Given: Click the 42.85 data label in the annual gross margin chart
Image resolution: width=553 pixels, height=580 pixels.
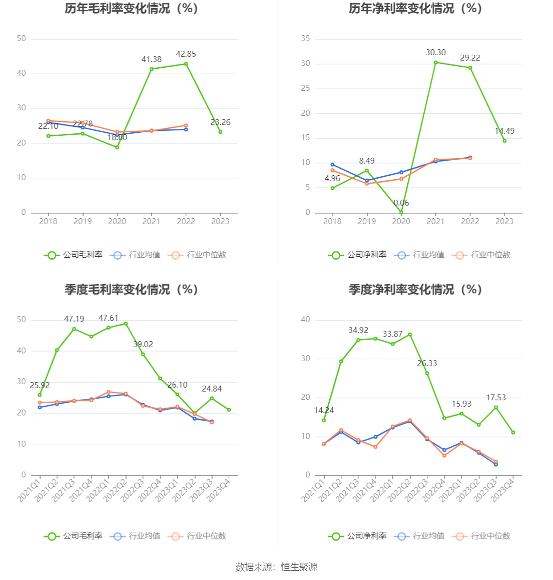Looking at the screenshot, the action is (x=186, y=54).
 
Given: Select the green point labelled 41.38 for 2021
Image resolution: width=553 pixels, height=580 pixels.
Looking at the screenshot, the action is (x=152, y=69).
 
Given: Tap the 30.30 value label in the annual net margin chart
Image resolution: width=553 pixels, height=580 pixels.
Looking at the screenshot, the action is (x=435, y=53).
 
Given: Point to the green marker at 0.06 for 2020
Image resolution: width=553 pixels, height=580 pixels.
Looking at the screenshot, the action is (x=401, y=212).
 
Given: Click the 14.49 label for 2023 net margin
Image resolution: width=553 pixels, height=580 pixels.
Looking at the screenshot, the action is (x=504, y=131).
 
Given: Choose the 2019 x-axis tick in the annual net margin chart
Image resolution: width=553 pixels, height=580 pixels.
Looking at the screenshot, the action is (x=367, y=221).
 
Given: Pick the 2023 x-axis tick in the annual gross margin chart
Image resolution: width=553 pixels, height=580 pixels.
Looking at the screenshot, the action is (x=220, y=221).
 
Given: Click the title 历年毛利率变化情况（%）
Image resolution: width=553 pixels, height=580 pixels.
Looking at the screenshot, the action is (x=132, y=8).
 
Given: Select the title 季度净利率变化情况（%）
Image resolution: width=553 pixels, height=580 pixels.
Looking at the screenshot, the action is (x=415, y=289).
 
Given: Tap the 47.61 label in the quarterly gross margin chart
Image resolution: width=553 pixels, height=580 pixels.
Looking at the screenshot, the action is (x=108, y=318).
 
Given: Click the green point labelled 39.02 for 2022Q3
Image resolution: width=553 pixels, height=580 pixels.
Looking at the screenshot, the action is (x=143, y=354).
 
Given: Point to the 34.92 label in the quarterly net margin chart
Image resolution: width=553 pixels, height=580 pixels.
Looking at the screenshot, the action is (x=358, y=330).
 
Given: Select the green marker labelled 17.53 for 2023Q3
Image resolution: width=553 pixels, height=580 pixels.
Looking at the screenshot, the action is (x=496, y=407).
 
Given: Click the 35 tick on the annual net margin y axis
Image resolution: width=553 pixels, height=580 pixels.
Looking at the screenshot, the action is (x=305, y=39).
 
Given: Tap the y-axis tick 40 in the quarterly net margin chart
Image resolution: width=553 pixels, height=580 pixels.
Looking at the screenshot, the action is (x=305, y=320).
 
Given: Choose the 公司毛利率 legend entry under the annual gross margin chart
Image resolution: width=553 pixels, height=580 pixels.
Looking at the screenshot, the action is (x=73, y=255).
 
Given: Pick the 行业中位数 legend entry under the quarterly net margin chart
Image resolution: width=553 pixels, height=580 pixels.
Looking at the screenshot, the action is (x=481, y=536).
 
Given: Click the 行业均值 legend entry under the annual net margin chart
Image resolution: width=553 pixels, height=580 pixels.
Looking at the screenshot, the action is (x=419, y=255).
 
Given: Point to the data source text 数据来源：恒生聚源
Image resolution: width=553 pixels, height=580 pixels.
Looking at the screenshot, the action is (x=276, y=567).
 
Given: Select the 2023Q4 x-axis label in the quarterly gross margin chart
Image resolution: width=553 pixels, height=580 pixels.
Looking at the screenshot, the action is (x=218, y=490).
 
